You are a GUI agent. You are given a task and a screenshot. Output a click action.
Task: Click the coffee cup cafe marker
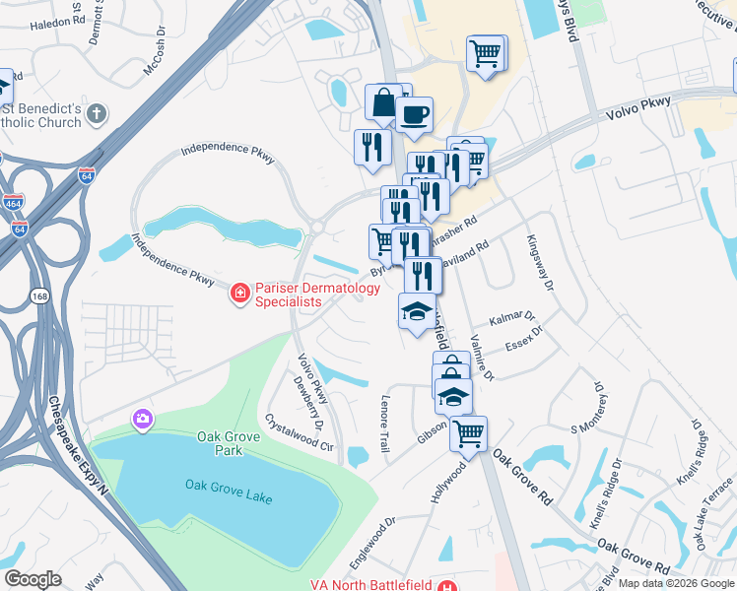tap(414, 114)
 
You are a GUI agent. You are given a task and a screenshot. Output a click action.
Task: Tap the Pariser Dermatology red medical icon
tap(239, 293)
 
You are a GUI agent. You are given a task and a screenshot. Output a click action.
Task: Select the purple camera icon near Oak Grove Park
tap(144, 421)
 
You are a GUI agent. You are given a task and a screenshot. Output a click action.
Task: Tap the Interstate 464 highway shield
tap(13, 203)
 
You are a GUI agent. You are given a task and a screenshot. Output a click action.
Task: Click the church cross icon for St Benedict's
tap(96, 113)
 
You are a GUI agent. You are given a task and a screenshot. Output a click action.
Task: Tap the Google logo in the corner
tap(33, 579)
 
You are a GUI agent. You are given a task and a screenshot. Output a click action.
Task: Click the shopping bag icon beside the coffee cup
tap(381, 100)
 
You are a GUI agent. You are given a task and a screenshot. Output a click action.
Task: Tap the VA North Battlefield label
tap(371, 583)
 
